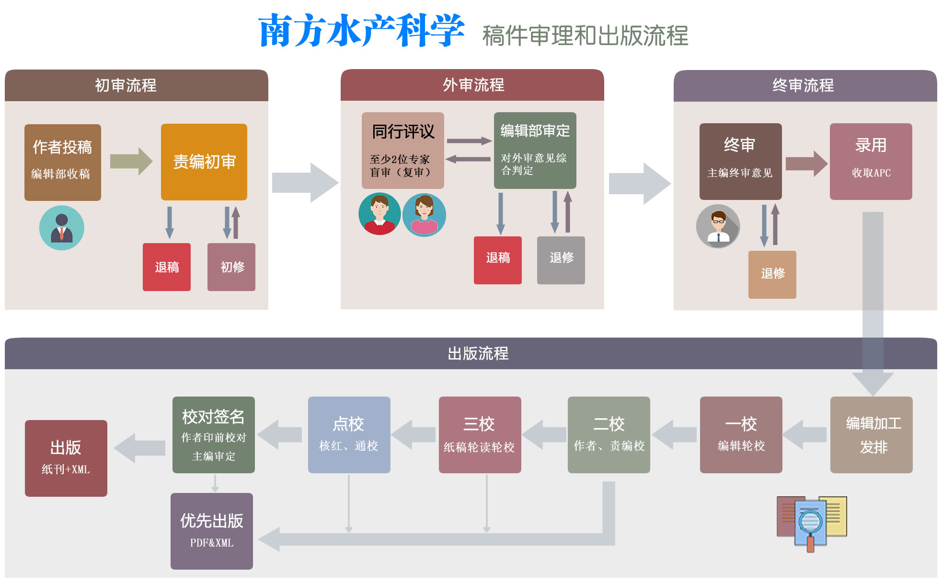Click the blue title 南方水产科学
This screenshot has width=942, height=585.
361,31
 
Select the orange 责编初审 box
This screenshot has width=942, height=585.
204,162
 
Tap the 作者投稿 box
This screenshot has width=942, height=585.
63,162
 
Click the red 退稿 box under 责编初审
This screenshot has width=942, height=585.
167,267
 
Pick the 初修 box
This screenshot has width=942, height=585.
231,267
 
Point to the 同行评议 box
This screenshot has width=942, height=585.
403,150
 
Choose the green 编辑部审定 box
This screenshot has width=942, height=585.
535,150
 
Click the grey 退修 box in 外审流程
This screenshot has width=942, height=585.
561,260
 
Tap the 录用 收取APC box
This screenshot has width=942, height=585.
871,162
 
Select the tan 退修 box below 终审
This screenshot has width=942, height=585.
772,274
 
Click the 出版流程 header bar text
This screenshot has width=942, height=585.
478,354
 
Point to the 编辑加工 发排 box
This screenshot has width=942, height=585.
871,435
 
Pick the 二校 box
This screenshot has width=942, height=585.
609,435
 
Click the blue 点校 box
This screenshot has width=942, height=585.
349,435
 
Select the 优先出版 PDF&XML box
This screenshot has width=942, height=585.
212,531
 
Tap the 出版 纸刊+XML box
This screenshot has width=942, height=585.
66,458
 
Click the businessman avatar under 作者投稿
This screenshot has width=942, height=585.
62,228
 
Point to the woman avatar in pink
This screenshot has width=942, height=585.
424,215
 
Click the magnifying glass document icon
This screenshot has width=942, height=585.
812,523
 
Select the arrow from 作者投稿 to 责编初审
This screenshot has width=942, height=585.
131,161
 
